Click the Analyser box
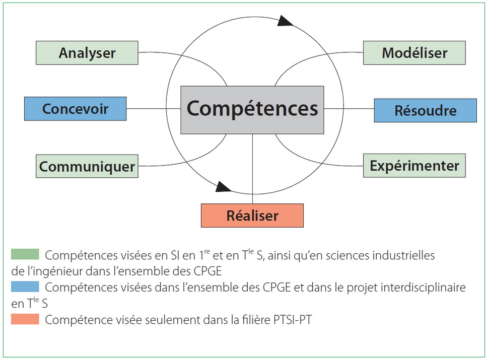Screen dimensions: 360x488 87,53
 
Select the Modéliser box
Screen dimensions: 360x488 414,52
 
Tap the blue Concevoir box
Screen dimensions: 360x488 76,109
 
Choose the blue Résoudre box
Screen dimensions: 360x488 425,110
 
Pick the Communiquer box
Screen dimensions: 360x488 87,166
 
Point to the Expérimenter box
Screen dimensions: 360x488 414,166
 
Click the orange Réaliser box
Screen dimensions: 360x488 252,215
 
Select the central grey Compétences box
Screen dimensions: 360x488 252,109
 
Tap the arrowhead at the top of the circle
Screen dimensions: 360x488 285,20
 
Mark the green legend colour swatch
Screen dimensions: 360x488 25,254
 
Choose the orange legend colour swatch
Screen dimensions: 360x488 25,319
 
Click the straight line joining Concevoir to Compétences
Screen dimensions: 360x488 154,109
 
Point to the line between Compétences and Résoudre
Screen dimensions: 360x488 348,109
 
